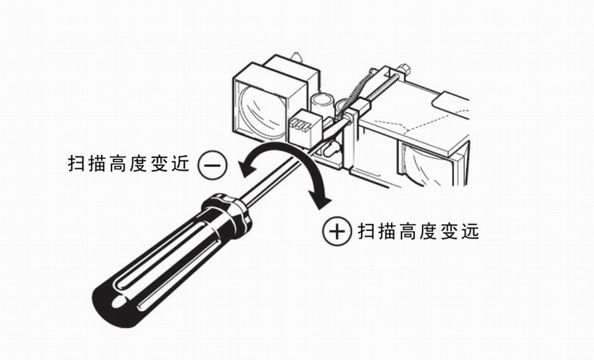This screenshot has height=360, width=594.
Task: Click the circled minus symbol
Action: pyautogui.click(x=213, y=165)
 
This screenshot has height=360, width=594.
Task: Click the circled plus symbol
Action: pyautogui.click(x=337, y=231)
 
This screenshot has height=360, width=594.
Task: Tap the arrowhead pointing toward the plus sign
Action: pyautogui.click(x=321, y=199)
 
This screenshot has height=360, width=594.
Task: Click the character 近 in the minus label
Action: pyautogui.click(x=180, y=164)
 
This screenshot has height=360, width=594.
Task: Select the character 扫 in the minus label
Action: pyautogui.click(x=77, y=164)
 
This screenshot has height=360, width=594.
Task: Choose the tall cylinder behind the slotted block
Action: pyautogui.click(x=322, y=104)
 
